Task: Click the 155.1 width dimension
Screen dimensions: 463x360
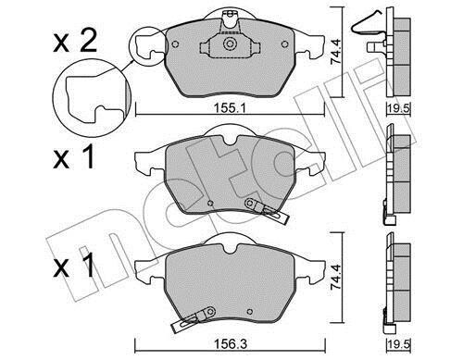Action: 230,108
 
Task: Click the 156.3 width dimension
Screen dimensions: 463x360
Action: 231,343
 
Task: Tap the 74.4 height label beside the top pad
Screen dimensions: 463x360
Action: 335,52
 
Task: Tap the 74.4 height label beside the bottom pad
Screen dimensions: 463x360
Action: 335,277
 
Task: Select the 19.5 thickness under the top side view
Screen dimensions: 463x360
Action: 398,108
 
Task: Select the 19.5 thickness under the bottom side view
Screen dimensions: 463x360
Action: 398,344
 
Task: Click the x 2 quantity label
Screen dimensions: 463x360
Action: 75,43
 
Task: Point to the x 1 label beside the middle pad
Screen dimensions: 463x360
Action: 73,157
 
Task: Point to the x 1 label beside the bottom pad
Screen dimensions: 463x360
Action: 73,266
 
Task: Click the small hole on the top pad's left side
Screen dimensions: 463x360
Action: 175,44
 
